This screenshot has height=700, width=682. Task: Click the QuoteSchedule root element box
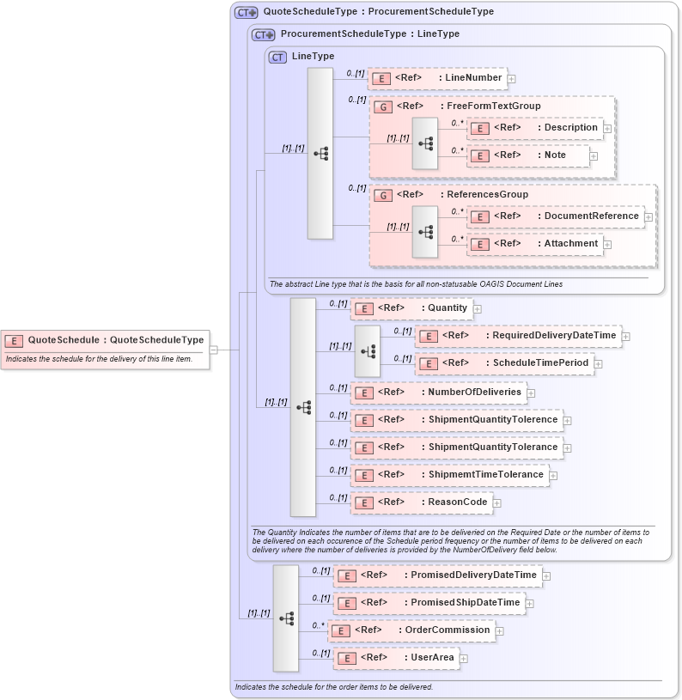click(105, 340)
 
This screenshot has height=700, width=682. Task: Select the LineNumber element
click(437, 78)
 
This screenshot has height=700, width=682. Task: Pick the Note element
click(528, 155)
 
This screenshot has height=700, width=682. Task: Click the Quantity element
click(411, 308)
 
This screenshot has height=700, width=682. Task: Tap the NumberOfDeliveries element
click(438, 393)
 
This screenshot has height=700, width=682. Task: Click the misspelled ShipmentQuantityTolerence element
click(456, 420)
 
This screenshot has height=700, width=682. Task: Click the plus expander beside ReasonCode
click(497, 503)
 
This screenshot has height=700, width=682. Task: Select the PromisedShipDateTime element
click(429, 603)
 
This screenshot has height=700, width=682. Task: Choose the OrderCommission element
click(411, 630)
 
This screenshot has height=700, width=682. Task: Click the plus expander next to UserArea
click(465, 659)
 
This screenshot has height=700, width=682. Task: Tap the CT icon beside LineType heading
click(277, 57)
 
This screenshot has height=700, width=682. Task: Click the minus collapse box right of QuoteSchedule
click(214, 350)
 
